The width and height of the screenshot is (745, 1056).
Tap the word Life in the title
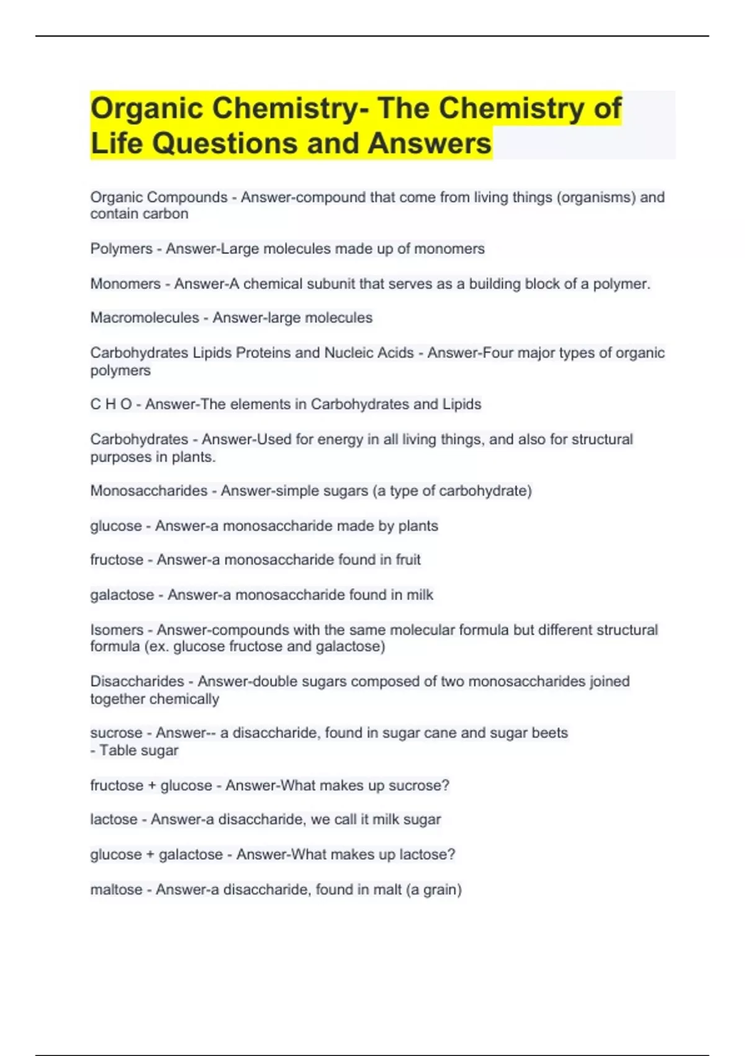(x=116, y=143)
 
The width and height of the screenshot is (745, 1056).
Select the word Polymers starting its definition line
(x=121, y=249)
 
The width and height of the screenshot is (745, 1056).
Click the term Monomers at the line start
(x=125, y=284)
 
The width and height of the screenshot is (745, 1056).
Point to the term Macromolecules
(x=145, y=318)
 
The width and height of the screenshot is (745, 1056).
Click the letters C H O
(x=111, y=404)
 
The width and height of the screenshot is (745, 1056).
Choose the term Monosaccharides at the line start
(x=149, y=491)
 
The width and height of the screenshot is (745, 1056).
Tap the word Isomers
(x=117, y=630)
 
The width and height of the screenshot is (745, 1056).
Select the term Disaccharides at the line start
(x=137, y=681)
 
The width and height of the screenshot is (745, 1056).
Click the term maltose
(x=116, y=890)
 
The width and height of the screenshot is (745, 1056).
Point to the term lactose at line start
(x=114, y=819)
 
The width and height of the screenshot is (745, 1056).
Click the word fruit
(x=408, y=560)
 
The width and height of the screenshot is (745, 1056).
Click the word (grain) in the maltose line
(x=441, y=890)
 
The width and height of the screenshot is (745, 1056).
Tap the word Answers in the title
(x=429, y=143)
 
